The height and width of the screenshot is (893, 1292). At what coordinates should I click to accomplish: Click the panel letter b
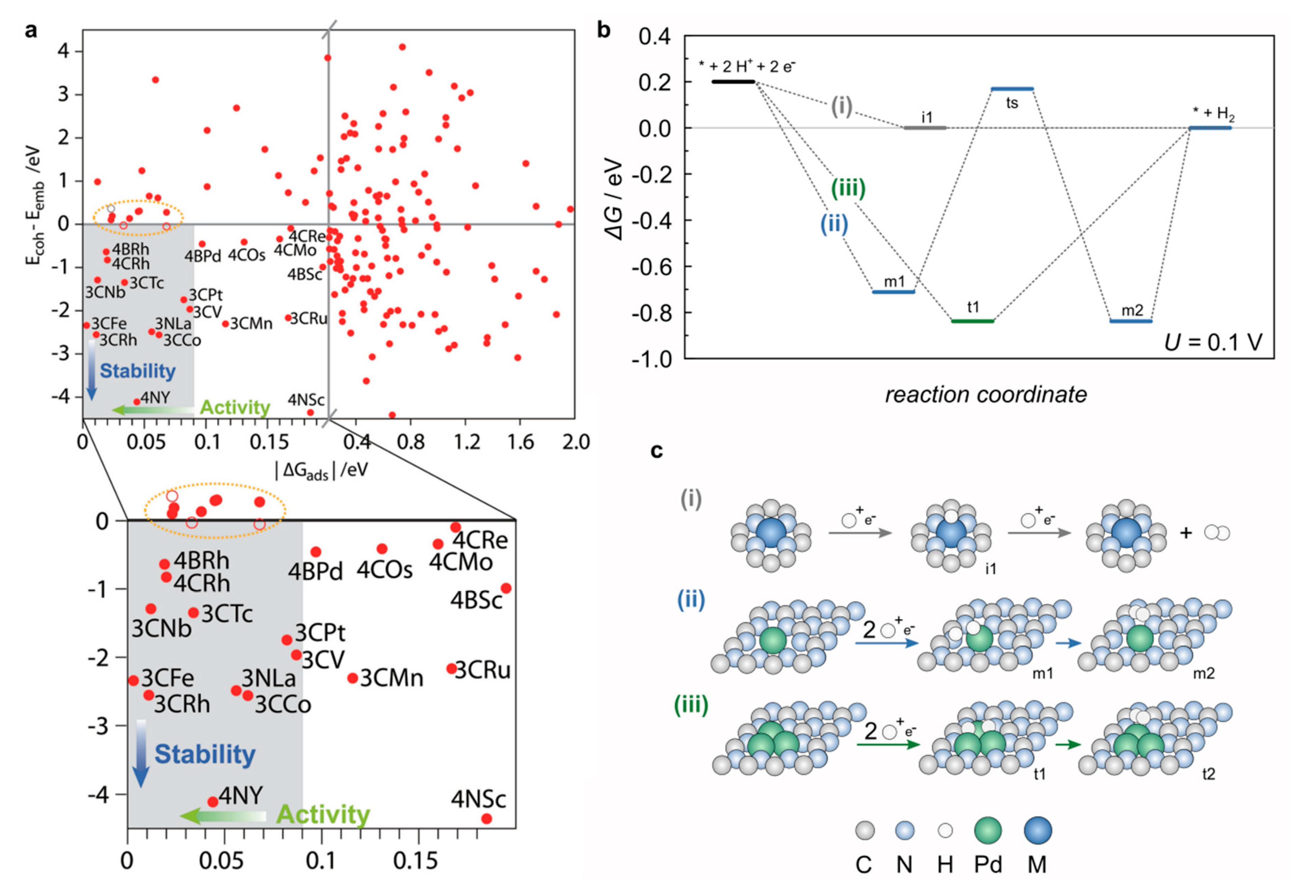point(603,30)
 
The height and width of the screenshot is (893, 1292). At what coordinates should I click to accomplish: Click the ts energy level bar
point(1012,88)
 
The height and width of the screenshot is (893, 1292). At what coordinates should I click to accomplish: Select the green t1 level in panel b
point(972,321)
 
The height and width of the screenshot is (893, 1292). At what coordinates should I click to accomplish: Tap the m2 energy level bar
point(1131,321)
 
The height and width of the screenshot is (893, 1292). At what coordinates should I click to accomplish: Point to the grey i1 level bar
point(925,128)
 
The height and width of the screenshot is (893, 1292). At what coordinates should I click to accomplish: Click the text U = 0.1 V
point(1213,342)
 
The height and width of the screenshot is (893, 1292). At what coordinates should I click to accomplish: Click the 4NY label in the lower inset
point(241,795)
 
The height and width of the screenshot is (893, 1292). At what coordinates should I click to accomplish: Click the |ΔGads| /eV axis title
point(322,470)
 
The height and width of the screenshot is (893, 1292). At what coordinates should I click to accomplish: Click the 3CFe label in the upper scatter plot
point(109,323)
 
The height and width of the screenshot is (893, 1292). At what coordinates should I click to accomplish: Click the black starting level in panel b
point(733,82)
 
